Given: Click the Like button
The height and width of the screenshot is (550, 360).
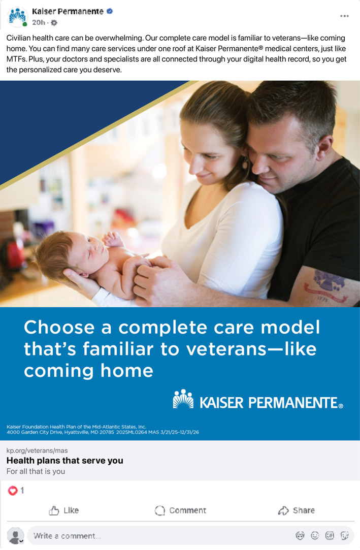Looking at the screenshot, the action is (63, 510).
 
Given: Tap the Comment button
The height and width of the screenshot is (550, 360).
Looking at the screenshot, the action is (180, 510).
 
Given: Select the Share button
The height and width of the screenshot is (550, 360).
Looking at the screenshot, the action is (296, 510).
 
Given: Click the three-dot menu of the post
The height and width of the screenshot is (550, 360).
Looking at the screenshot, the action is (344, 16).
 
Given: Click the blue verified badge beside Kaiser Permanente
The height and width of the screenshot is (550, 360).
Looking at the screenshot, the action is (110, 11).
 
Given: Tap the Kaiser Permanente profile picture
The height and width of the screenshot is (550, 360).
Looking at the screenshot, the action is (17, 16).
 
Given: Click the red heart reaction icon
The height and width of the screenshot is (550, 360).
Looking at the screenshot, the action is (13, 491).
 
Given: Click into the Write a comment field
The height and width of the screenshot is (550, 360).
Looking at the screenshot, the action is (158, 536).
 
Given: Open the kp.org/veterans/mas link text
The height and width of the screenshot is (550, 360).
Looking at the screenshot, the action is (37, 450).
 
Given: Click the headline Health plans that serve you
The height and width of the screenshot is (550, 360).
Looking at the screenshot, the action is (65, 461).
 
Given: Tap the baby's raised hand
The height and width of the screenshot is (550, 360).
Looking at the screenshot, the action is (113, 239).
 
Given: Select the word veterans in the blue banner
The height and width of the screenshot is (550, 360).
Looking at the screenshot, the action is (226, 349).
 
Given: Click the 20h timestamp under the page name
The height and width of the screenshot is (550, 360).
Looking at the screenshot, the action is (39, 22).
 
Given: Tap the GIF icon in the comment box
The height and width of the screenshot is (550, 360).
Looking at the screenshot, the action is (330, 535).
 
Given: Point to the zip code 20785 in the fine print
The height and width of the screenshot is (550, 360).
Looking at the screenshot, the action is (107, 432).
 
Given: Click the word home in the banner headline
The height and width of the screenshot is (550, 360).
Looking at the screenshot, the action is (127, 371).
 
